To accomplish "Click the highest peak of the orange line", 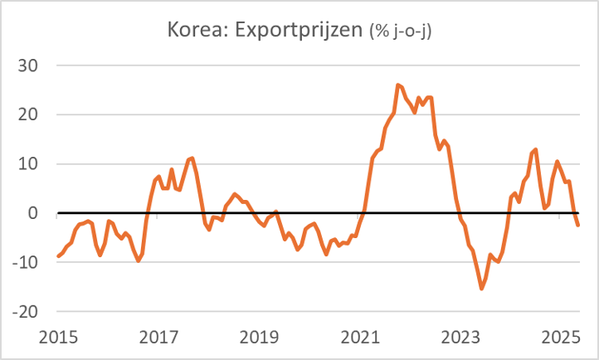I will [397, 85].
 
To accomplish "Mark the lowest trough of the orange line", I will [481, 289].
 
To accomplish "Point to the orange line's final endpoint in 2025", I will [578, 225].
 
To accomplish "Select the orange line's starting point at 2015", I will [58, 256].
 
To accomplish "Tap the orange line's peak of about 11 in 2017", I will [192, 158].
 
